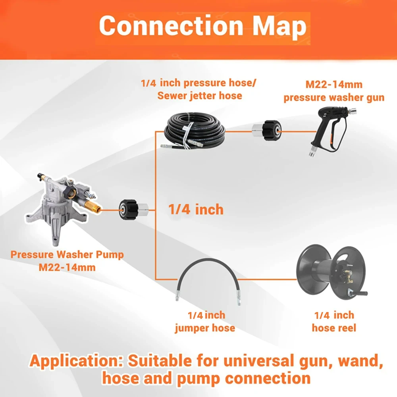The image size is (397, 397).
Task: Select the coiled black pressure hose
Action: (194, 130)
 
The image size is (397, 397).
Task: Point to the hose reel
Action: (331, 272)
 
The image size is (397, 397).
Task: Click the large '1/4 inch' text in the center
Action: (196, 210)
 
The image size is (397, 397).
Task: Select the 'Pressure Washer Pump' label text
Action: (67, 254)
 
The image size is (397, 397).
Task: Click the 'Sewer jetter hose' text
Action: (200, 96)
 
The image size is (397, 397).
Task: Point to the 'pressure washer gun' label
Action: (334, 98)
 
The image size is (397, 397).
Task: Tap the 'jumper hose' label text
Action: (205, 328)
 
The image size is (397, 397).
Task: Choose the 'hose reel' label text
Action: (334, 328)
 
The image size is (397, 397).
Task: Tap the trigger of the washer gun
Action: (331, 138)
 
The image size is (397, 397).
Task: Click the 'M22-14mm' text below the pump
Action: (67, 267)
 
